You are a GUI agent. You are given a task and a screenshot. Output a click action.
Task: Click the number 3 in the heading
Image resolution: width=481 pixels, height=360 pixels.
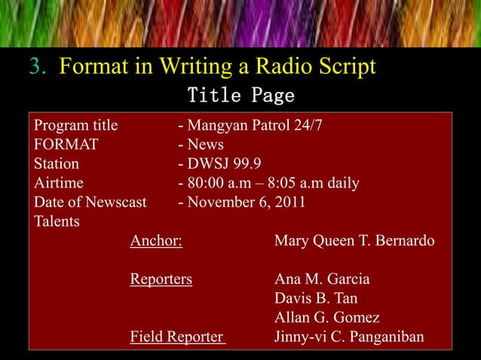click(x=35, y=68)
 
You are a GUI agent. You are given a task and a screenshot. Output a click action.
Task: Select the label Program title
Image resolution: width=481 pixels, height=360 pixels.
click(x=70, y=125)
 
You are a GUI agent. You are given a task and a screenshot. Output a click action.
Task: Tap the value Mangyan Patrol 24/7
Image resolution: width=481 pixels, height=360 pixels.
click(x=252, y=125)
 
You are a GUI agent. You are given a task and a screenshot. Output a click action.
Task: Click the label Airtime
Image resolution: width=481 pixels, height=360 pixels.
click(x=60, y=184)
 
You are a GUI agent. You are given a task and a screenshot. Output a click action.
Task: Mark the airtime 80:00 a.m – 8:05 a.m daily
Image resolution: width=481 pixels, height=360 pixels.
click(x=268, y=184)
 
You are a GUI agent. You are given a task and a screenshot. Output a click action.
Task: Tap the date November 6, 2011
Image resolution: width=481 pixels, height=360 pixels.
click(x=242, y=203)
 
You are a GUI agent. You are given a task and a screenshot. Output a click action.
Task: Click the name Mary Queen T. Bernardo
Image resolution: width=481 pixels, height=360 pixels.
click(x=354, y=242)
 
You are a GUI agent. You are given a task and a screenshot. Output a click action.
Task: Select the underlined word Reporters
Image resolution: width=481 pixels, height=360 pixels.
click(x=161, y=279)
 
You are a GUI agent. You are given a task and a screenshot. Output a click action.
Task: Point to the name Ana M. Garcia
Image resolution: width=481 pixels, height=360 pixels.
click(x=322, y=279)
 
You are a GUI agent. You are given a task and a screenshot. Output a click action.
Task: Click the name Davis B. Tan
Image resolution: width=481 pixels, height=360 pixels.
click(x=316, y=298)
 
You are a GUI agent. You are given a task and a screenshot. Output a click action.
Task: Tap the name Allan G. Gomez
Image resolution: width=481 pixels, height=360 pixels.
click(x=327, y=317)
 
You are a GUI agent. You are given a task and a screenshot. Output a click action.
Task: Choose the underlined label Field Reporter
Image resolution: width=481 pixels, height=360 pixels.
click(x=177, y=337)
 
